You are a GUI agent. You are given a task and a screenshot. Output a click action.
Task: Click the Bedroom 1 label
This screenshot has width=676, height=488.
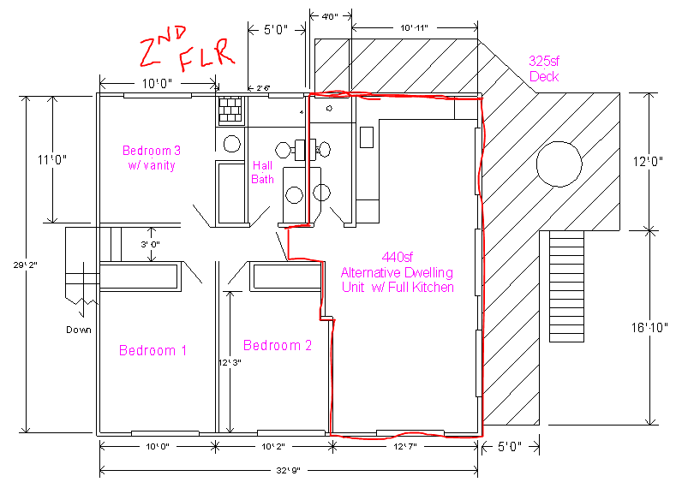point(153,350)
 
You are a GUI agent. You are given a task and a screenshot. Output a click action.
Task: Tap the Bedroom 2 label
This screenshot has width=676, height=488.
point(278,345)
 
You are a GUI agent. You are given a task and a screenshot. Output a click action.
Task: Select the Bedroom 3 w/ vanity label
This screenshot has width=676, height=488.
point(152,158)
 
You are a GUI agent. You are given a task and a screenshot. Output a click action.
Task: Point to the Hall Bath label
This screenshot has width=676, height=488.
point(262,172)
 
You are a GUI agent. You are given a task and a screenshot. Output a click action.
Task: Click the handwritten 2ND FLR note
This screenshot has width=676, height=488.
point(187,49)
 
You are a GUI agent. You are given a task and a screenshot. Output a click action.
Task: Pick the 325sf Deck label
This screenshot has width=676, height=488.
point(544,68)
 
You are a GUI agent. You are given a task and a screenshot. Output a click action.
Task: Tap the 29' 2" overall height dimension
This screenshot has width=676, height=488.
point(25,265)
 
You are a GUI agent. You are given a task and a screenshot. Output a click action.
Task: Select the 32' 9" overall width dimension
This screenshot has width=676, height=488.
point(288,470)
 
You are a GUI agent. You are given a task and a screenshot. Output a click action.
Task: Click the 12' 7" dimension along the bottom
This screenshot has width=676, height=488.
point(404,446)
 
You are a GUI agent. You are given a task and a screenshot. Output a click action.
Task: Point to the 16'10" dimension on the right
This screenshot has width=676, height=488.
point(649,328)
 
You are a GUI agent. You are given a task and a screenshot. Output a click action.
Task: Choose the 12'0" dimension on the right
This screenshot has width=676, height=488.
point(648,162)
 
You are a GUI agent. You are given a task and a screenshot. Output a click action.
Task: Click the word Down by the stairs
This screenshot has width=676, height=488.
point(79,330)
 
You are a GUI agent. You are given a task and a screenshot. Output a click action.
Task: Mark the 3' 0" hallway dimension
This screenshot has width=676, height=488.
point(150,244)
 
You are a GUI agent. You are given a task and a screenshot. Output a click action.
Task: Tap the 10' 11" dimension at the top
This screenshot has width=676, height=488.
point(414,28)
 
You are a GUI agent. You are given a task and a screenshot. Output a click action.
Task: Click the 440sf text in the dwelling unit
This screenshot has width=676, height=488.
point(397,257)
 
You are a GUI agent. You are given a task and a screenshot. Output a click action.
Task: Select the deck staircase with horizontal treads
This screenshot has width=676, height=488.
point(566,287)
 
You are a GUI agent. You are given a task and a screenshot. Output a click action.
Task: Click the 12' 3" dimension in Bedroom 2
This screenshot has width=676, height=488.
point(230,362)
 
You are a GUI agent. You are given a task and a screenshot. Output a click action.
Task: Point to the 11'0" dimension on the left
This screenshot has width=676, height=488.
point(51,160)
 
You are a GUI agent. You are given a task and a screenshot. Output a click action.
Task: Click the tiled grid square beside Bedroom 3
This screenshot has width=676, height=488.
point(230,110)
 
